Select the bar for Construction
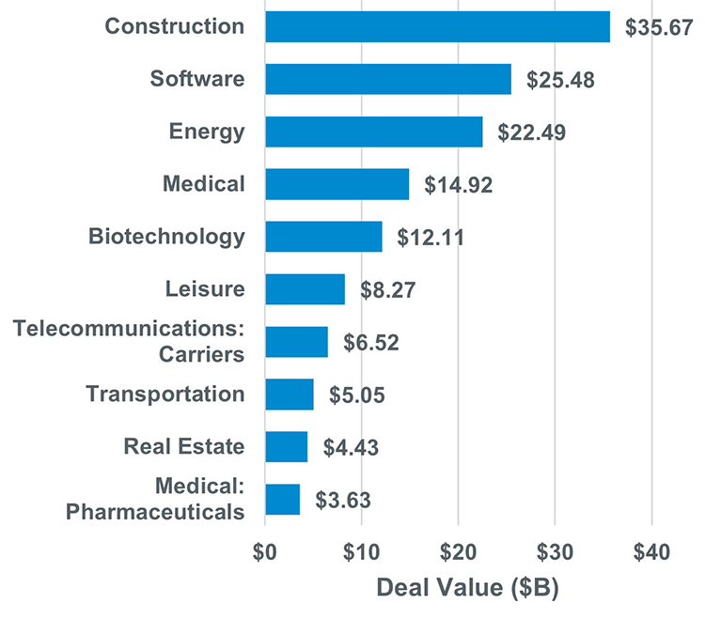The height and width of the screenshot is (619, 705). [x=437, y=26]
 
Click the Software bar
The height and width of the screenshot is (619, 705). [x=388, y=79]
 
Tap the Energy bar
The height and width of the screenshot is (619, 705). [x=374, y=132]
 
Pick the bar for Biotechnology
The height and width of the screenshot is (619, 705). [x=323, y=237]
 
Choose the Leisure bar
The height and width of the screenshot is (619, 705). [x=305, y=289]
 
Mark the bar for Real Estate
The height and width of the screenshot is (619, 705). [x=286, y=446]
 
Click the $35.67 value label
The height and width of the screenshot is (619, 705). [x=656, y=27]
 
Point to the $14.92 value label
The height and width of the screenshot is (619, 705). [x=459, y=185]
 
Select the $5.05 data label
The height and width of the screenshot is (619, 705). [x=357, y=395]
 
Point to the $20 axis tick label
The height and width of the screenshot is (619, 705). [x=458, y=551]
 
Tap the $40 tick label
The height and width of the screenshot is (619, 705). [x=651, y=551]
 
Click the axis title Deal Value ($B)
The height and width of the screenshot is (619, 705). [x=467, y=590]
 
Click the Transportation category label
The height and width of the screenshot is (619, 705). [x=165, y=394]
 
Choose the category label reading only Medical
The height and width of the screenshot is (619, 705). [x=203, y=184]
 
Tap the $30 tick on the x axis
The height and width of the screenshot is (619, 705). [x=555, y=551]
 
